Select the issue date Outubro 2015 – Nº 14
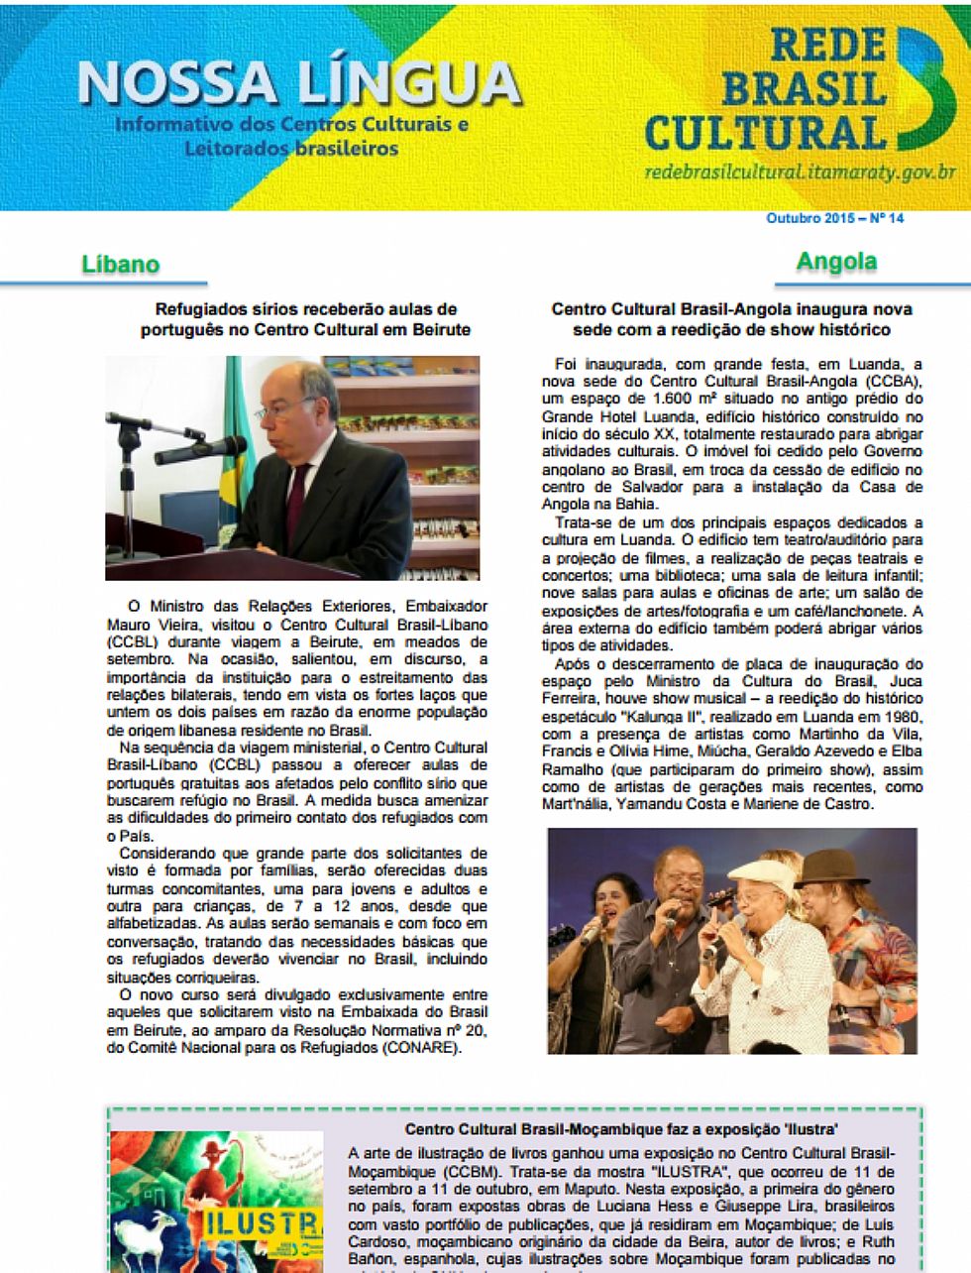click(834, 218)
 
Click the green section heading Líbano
click(120, 265)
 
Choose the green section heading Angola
click(836, 262)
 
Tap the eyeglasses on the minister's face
click(279, 408)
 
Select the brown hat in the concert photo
click(831, 869)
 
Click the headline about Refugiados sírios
click(306, 319)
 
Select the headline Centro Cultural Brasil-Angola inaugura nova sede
click(731, 319)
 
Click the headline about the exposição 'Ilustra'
click(622, 1129)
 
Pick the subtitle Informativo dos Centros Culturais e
click(291, 126)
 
